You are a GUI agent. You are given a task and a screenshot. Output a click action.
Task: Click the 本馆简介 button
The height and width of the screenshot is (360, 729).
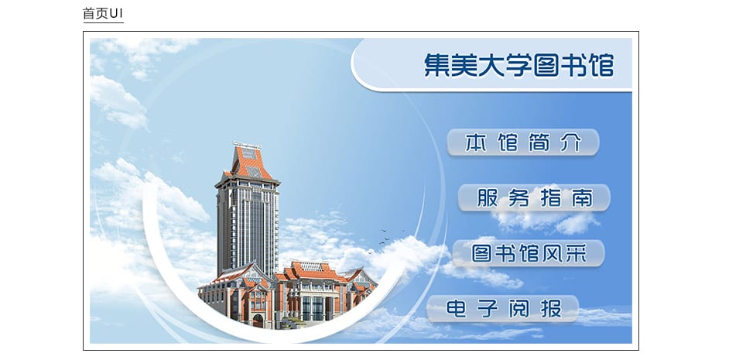523,142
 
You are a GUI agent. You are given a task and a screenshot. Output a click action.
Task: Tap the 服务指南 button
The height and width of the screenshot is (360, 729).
534,197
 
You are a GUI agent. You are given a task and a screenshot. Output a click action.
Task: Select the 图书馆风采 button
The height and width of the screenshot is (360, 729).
529,253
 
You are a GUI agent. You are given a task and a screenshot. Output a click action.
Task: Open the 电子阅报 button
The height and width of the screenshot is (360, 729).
503,308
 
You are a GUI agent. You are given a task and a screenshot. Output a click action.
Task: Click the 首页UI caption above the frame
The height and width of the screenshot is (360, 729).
103,13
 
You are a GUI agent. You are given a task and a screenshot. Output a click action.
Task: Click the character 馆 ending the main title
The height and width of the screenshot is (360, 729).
601,65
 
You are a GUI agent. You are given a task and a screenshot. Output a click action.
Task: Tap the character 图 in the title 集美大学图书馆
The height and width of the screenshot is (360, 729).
546,65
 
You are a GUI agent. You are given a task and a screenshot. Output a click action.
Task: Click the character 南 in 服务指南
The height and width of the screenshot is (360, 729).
582,197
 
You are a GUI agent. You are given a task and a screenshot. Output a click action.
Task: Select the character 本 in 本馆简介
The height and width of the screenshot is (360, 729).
476,142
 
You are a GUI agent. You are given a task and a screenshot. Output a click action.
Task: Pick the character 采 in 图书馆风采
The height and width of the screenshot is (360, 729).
577,253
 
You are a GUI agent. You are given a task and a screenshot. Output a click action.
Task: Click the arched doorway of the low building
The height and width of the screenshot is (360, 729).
258,321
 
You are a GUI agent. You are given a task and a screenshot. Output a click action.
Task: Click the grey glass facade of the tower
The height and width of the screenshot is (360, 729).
248,228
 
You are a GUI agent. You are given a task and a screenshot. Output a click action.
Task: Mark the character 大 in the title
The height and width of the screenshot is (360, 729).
491,65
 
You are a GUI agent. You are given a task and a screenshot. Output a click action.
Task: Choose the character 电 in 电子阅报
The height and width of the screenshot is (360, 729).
456,308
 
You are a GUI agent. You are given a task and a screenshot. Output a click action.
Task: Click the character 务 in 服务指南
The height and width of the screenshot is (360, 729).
519,197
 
